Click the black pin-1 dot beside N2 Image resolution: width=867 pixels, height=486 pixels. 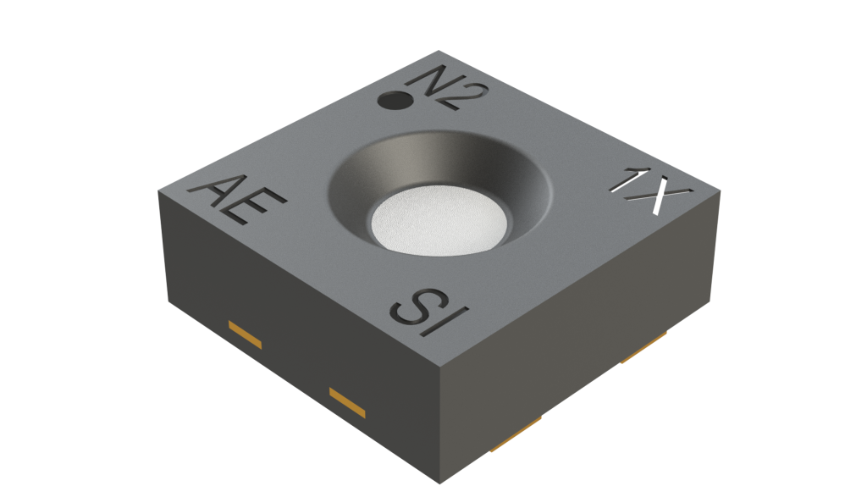(393, 100)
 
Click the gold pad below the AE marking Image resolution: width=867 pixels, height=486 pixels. (244, 334)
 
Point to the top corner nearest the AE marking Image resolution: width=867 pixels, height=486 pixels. (158, 192)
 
